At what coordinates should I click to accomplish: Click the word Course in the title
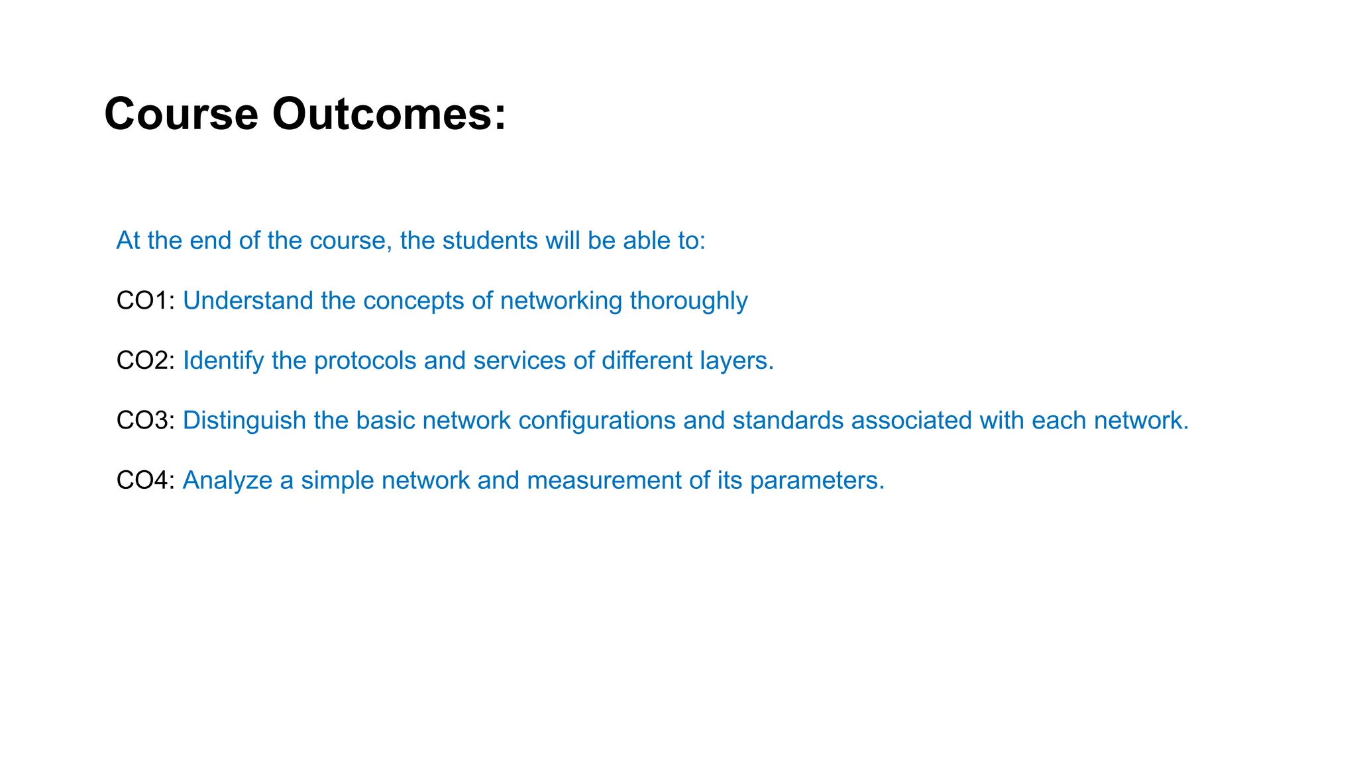(x=181, y=114)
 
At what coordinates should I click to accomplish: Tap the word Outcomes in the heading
(x=389, y=114)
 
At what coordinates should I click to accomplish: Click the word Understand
(x=248, y=301)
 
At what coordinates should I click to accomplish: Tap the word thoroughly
(x=688, y=301)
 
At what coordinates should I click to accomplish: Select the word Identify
(x=223, y=361)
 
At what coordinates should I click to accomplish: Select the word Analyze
(x=227, y=480)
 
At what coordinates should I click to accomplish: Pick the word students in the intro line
(x=490, y=240)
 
